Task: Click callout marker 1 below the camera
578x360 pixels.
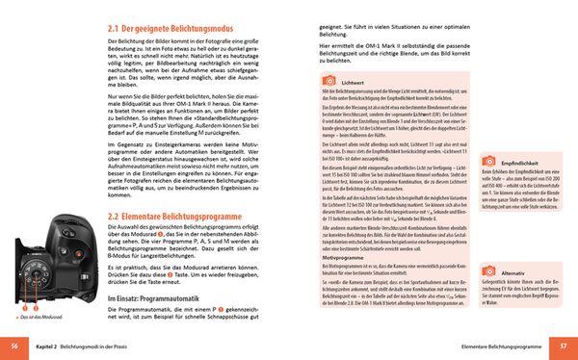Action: pos(17,307)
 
